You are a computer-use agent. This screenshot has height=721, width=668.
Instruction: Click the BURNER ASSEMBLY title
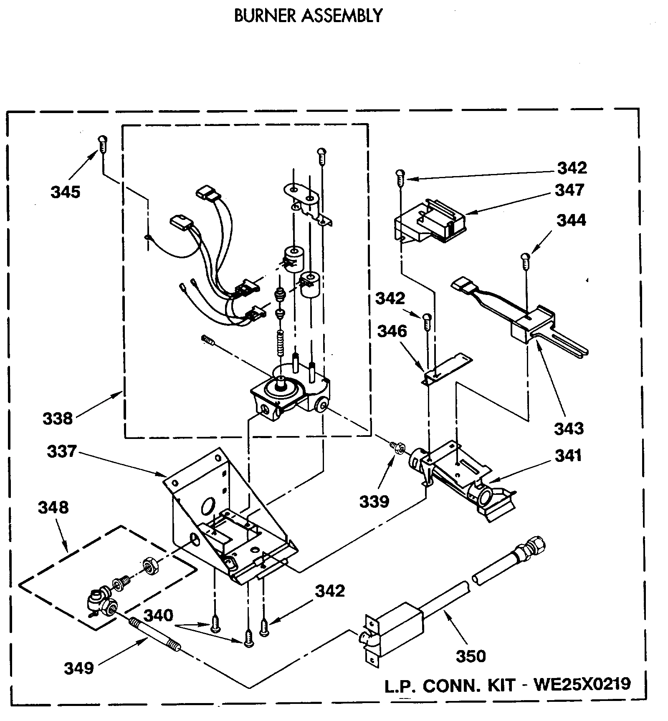308,16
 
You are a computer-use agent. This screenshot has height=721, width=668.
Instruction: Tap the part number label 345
65,192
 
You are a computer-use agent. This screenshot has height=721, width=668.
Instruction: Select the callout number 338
58,418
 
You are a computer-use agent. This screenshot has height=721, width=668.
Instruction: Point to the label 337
62,451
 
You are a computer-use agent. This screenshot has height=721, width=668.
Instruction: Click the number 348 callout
53,508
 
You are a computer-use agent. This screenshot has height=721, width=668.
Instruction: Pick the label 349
78,668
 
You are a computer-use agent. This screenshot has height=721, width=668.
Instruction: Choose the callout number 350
471,656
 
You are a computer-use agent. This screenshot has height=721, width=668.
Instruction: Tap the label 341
568,456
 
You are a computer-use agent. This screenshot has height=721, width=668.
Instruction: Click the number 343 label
569,429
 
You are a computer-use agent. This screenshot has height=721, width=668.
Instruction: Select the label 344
571,220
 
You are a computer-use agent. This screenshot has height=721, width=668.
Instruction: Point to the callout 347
569,190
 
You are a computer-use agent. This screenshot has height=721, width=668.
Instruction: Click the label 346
392,331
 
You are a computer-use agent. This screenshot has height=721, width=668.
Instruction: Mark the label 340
159,615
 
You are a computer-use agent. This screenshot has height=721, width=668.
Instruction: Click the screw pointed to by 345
102,144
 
